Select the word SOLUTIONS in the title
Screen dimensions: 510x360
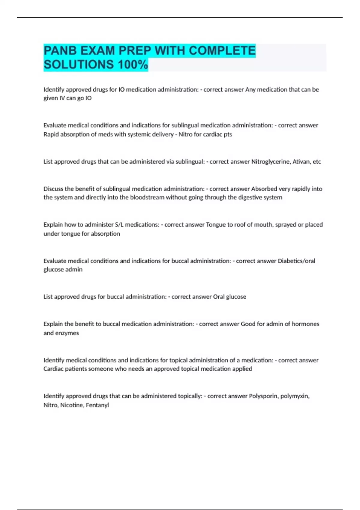(x=79, y=64)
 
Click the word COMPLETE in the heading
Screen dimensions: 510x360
(x=222, y=50)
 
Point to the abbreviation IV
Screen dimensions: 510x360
(x=61, y=98)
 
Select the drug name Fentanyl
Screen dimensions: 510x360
(x=97, y=405)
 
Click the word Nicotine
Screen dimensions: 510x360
(x=71, y=405)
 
